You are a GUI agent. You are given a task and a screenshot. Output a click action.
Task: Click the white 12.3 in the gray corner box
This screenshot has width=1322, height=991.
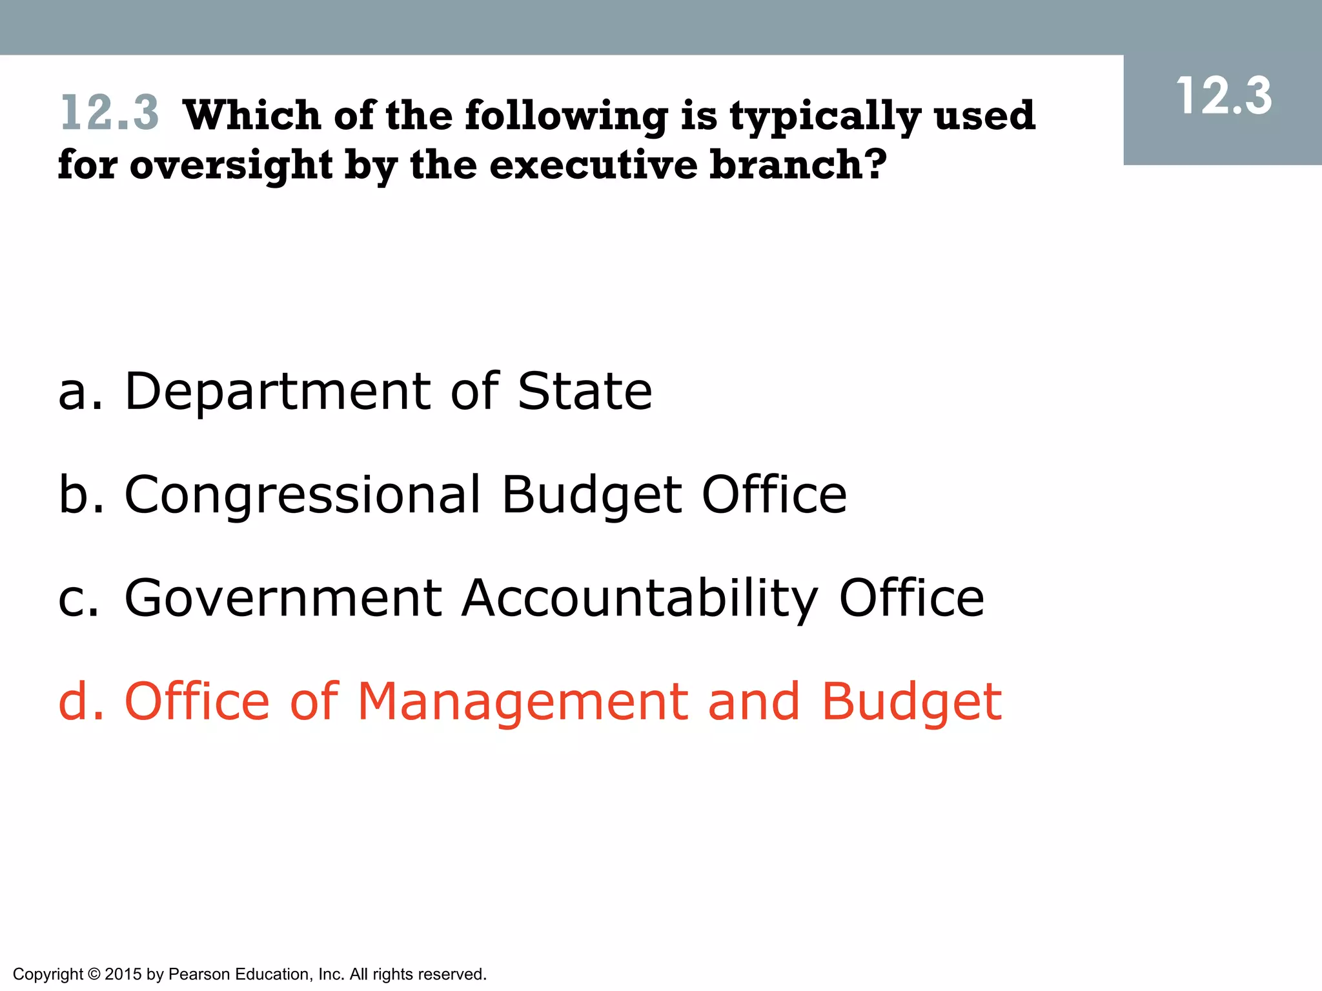pyautogui.click(x=1223, y=97)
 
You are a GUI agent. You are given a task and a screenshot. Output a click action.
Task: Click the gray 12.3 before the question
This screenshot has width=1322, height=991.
pyautogui.click(x=109, y=113)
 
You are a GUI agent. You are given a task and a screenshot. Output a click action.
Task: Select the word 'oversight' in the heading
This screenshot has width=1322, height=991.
pyautogui.click(x=231, y=166)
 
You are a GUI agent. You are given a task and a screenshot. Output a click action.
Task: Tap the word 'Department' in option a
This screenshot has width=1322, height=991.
pyautogui.click(x=278, y=392)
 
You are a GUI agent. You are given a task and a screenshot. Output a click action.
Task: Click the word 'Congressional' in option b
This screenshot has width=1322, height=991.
pyautogui.click(x=302, y=495)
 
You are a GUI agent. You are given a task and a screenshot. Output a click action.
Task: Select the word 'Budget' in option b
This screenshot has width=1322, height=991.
pyautogui.click(x=591, y=495)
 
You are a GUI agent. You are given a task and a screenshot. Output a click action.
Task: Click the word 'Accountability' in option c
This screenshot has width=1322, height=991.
pyautogui.click(x=639, y=599)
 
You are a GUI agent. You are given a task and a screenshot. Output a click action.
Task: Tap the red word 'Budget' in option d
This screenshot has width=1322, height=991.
pyautogui.click(x=911, y=703)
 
